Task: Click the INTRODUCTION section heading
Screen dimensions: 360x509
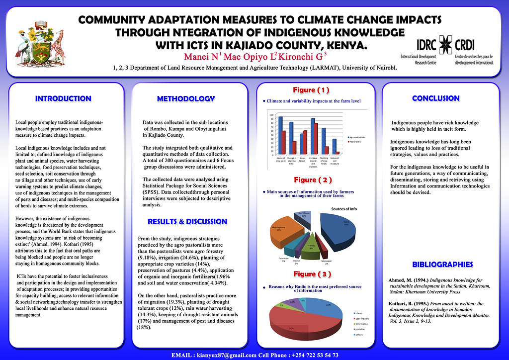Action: coord(63,98)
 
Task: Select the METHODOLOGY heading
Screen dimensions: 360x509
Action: coord(185,99)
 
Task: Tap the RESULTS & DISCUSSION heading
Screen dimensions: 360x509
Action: coord(187,221)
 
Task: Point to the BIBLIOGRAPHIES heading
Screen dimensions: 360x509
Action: coord(442,264)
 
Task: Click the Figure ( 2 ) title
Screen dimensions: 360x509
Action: coord(312,180)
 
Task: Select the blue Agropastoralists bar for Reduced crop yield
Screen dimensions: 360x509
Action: coord(280,135)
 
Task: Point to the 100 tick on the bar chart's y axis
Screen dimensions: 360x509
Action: coord(271,115)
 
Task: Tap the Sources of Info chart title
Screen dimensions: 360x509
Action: coord(344,209)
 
